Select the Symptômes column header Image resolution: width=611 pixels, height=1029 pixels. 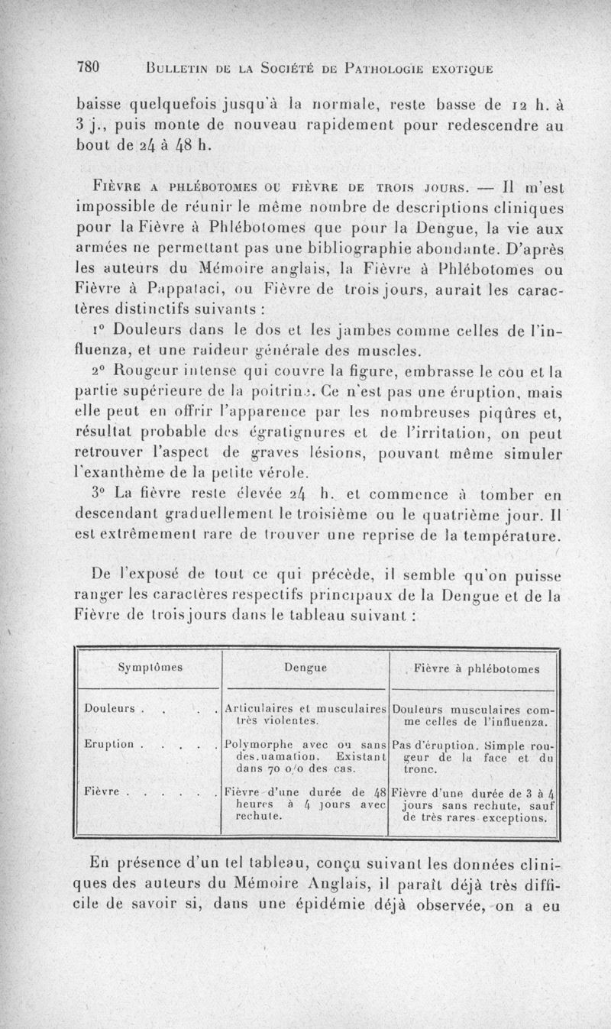point(149,667)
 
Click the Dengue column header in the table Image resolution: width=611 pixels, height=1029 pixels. point(305,667)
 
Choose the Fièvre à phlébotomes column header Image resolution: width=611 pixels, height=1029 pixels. point(477,669)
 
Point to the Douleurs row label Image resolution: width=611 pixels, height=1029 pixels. point(112,707)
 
